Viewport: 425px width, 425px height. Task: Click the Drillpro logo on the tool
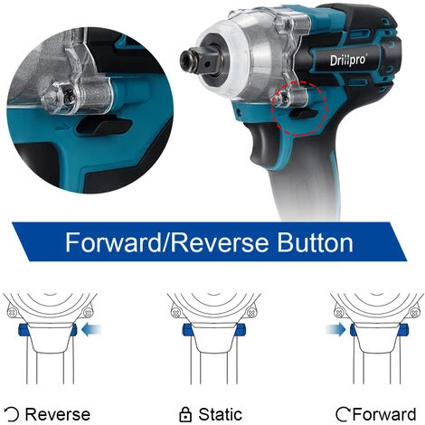coord(348,60)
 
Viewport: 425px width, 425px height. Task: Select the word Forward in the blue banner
coord(114,242)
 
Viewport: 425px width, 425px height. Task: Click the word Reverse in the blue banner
coord(221,243)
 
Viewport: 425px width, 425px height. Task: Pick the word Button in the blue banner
coord(315,242)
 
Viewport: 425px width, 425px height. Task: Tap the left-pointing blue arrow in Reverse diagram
coord(91,329)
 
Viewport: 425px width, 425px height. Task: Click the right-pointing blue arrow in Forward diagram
coord(335,329)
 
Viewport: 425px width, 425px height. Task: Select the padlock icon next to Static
coord(185,414)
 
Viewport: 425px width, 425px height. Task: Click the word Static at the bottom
coord(220,414)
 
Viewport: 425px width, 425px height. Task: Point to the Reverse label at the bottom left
coord(58,414)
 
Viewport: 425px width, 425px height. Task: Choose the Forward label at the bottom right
coord(384,414)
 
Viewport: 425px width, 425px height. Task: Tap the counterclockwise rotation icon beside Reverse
coord(12,414)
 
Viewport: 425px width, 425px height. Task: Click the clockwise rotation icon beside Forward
coord(344,414)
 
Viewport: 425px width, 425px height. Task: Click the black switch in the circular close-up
coord(103,127)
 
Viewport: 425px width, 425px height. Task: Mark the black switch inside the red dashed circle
coord(303,113)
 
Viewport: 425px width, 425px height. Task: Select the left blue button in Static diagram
coord(187,329)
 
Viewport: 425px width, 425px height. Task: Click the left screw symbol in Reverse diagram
coord(13,312)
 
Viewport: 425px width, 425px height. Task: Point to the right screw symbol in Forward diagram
coord(414,312)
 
